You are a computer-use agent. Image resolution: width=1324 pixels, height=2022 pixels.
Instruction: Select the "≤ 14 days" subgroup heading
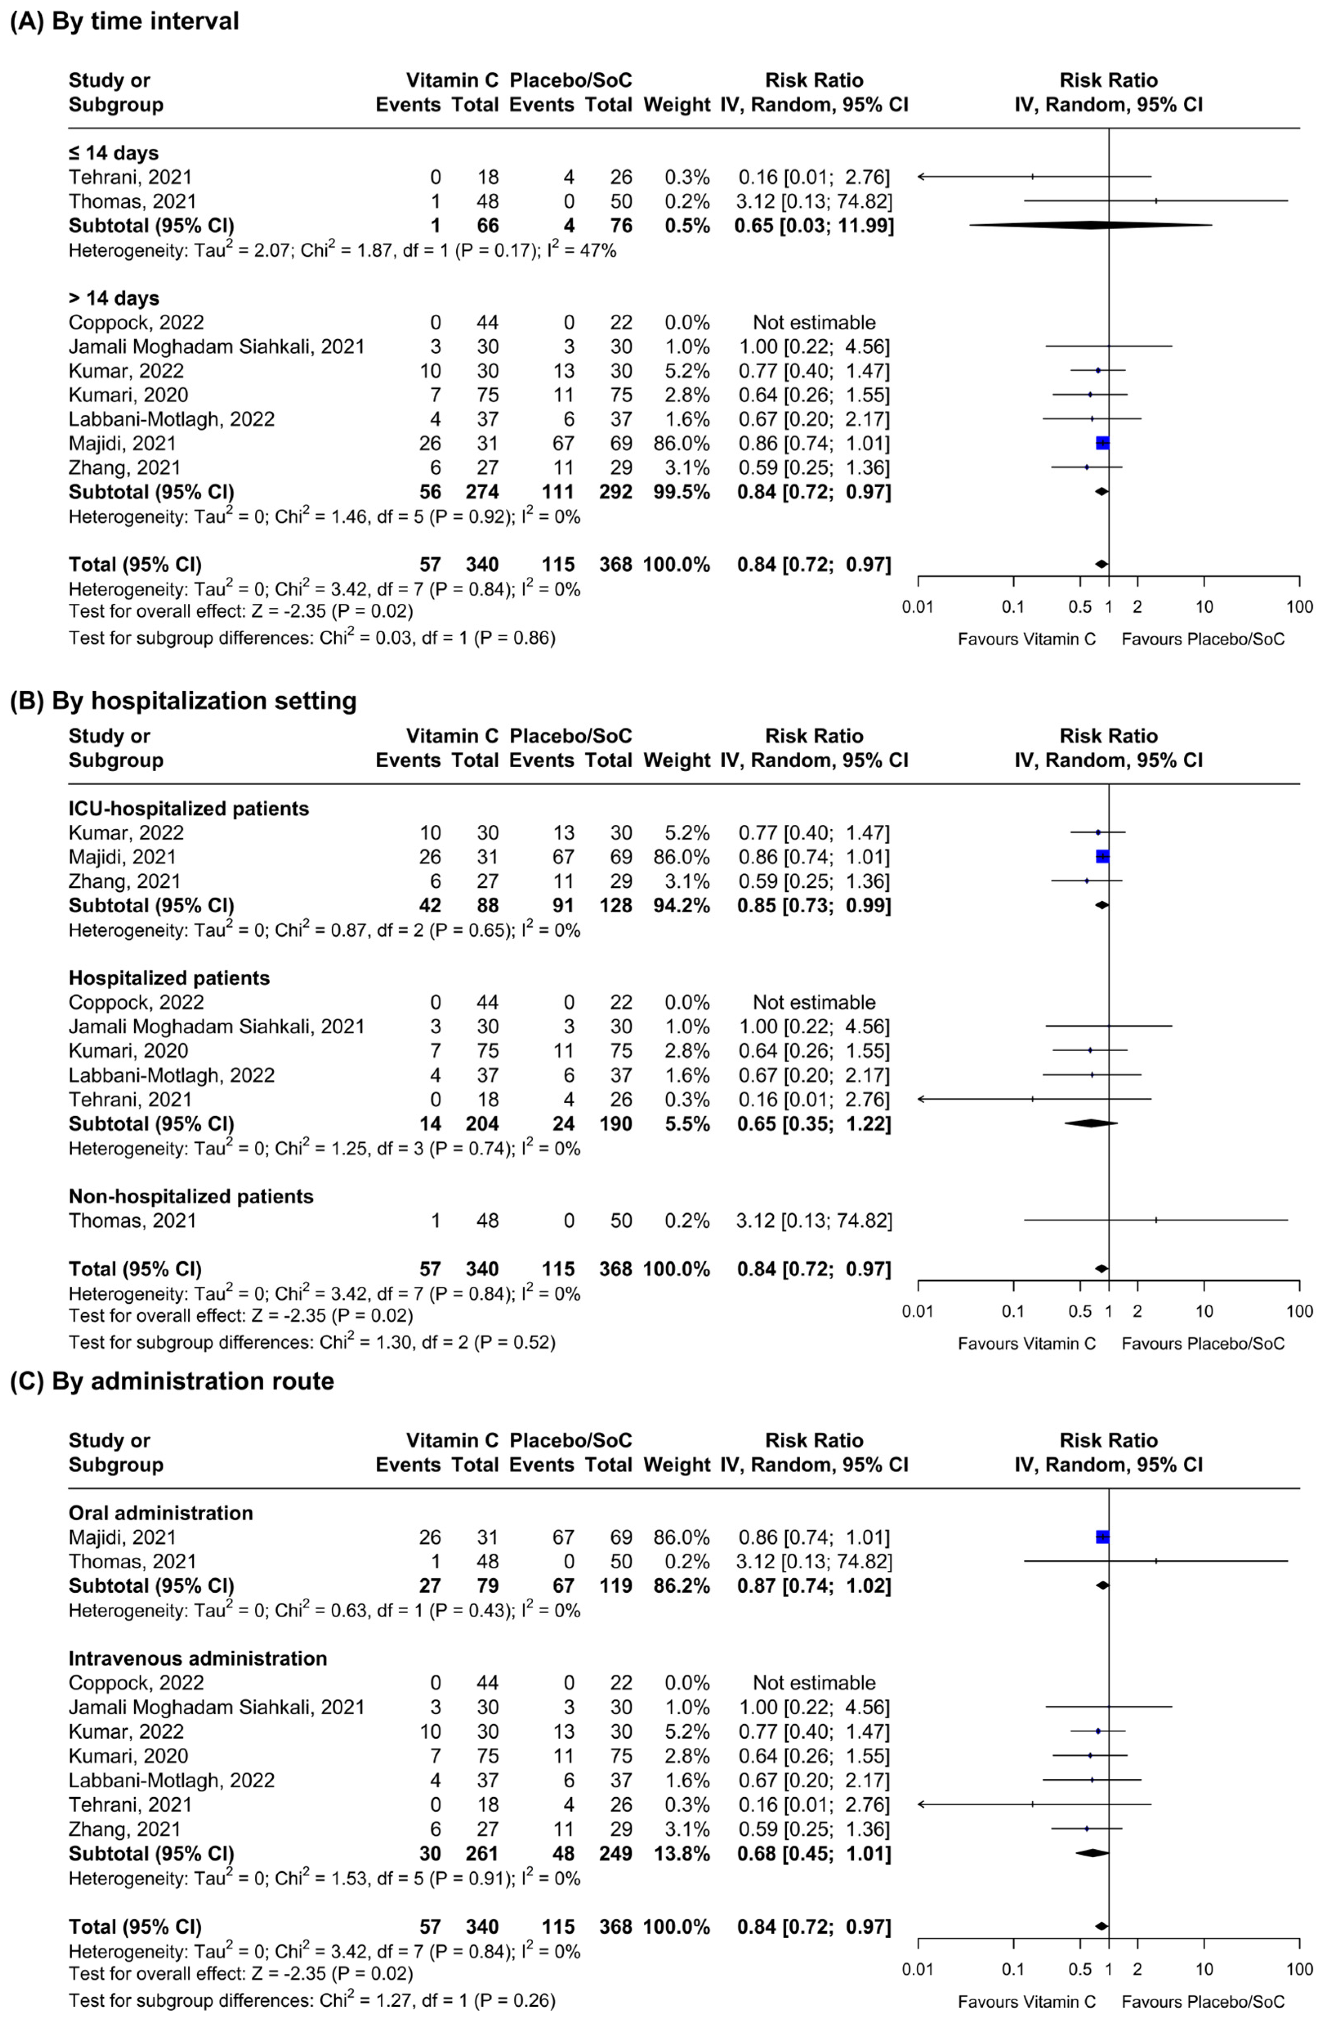pos(114,153)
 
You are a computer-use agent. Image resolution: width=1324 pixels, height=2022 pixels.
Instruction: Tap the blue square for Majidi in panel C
pos(1102,1537)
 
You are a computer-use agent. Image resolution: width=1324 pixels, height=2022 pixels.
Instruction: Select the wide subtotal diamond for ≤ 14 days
pos(1090,225)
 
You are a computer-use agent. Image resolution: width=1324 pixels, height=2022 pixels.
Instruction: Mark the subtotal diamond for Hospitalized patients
pos(1090,1123)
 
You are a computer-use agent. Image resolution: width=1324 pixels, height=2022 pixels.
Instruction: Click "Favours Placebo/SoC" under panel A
pos(1203,639)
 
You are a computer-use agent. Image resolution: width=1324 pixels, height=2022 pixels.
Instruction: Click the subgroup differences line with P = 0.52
pos(312,1342)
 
